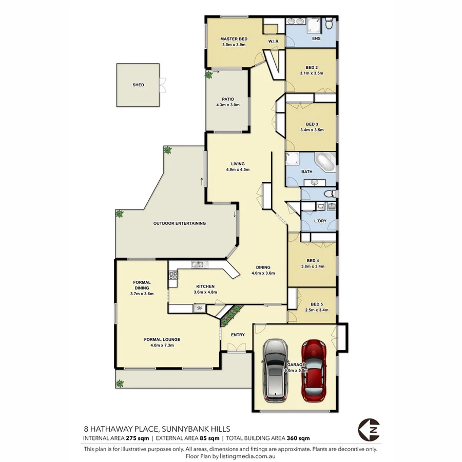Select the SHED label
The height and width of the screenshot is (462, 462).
[x=138, y=85]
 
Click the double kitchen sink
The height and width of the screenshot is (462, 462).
[x=198, y=265]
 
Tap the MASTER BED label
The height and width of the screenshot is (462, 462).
[x=234, y=39]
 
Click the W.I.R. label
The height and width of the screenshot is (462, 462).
[x=273, y=41]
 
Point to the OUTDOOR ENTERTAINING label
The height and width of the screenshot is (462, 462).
[x=179, y=223]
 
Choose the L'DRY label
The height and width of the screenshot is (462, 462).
[x=320, y=221]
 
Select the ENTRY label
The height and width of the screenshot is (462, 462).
[x=238, y=335]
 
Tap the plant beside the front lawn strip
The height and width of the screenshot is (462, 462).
[x=120, y=383]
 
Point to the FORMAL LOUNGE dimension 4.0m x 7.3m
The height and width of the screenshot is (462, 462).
[x=165, y=345]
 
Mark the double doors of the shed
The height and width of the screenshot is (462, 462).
[x=162, y=85]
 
